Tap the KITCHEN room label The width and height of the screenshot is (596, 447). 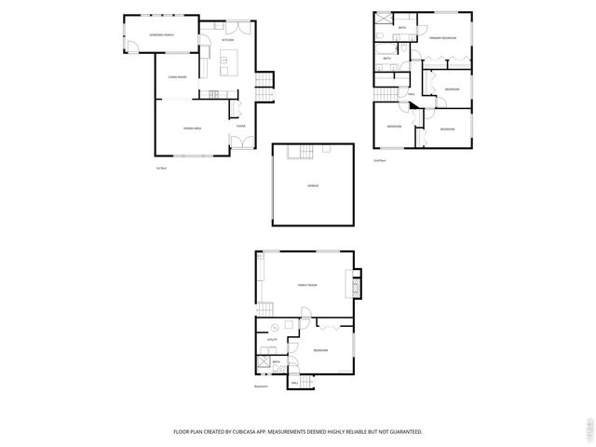[227, 40]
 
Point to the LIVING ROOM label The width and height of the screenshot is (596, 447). [177, 77]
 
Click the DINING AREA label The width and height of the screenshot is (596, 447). [193, 127]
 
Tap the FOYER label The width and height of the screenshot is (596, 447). [240, 126]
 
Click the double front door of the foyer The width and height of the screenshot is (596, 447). [237, 143]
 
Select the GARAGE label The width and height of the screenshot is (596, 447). [313, 186]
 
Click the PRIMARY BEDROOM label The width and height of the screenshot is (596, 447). [442, 37]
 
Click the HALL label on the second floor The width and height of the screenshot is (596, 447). [411, 94]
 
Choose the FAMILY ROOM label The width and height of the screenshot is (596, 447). [307, 285]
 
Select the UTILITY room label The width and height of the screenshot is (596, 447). [273, 340]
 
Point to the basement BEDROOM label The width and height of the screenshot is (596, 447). [320, 350]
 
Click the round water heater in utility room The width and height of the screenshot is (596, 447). [276, 326]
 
